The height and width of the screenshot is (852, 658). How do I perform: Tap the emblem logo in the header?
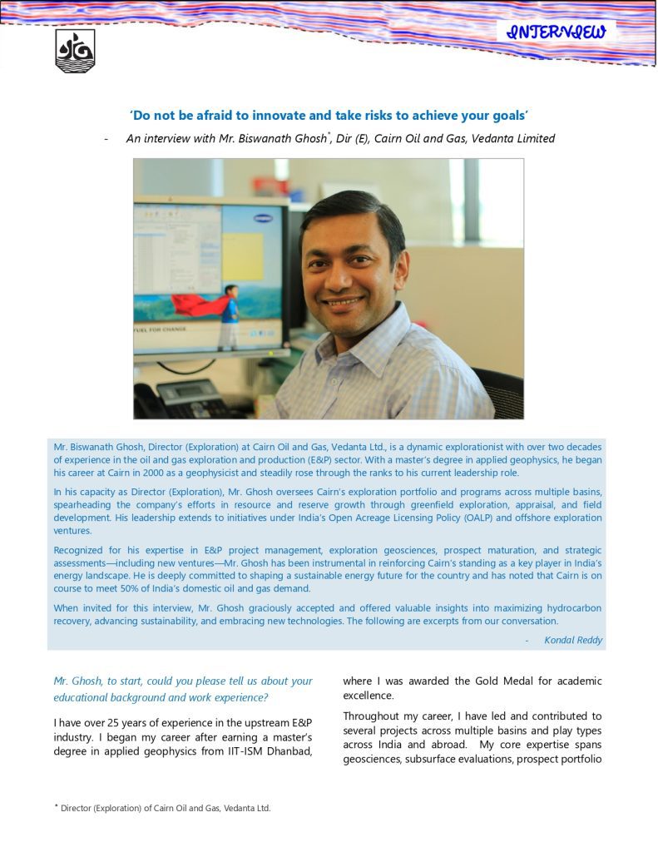(x=75, y=51)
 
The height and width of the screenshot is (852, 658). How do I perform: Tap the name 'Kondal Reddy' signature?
(x=573, y=640)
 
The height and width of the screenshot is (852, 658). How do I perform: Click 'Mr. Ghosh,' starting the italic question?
(x=79, y=681)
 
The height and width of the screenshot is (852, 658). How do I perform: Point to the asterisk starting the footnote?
(x=57, y=806)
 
